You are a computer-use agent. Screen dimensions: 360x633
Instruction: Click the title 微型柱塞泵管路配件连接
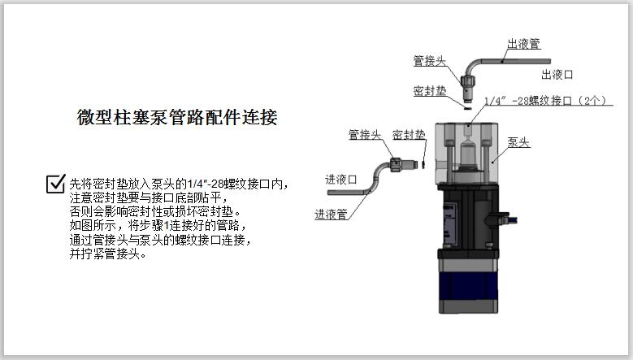tap(177, 117)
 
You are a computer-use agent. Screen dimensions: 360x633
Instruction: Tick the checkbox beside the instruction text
tap(56, 184)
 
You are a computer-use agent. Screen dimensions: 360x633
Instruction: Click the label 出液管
tap(523, 45)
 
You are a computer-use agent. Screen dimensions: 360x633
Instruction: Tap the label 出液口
tap(557, 74)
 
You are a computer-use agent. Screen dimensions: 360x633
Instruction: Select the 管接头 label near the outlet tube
tap(428, 60)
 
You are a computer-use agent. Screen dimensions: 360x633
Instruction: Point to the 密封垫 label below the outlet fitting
tap(428, 90)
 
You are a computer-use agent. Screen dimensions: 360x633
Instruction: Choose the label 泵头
tap(518, 141)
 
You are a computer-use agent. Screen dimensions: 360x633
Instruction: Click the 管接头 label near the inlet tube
tap(365, 134)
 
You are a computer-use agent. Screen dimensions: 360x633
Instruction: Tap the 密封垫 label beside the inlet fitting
tap(408, 134)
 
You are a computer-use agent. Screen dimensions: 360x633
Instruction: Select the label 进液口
tap(341, 180)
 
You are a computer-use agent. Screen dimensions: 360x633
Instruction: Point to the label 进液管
tap(331, 215)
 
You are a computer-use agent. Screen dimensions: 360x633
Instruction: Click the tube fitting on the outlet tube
tap(469, 81)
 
